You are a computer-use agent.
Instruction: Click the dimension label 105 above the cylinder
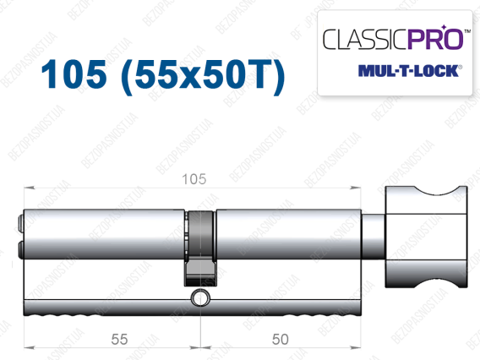pos(194,179)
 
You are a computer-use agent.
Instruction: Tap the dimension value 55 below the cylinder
pos(119,339)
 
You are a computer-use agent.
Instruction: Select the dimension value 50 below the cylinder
pos(280,339)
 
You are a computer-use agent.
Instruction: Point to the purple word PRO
pos(435,39)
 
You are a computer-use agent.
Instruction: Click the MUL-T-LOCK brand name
pos(409,71)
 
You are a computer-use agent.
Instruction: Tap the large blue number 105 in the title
pos(74,74)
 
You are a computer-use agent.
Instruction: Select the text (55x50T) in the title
pos(203,76)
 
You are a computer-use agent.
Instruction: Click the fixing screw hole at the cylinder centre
pos(200,297)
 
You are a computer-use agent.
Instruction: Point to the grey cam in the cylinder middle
pos(200,248)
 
